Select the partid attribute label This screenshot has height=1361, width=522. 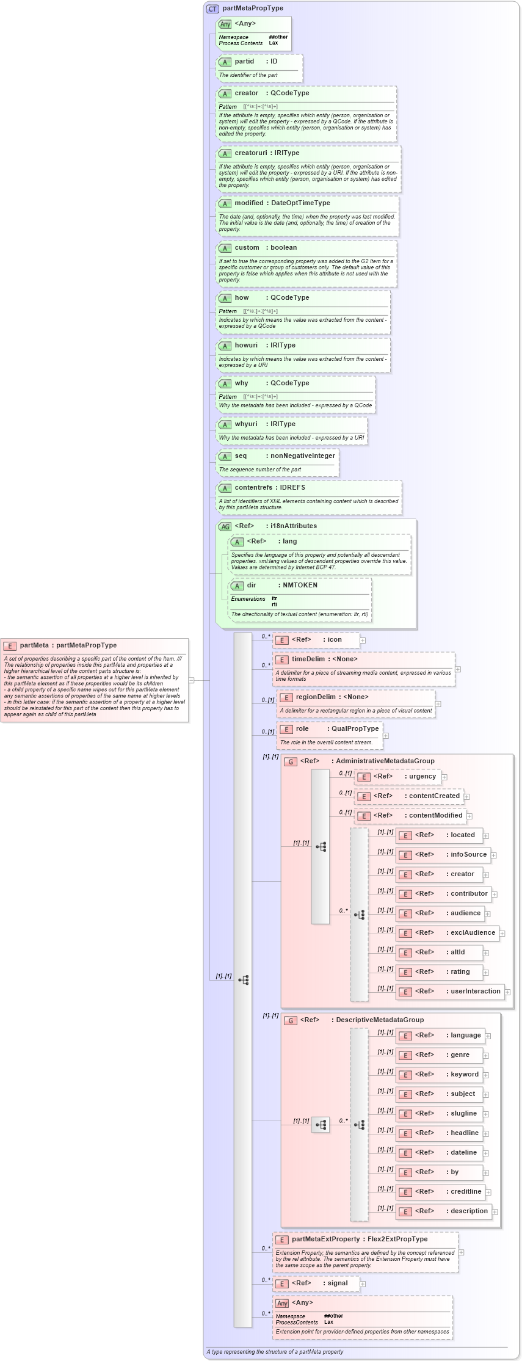pos(244,62)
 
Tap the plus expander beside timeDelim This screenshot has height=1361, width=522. pos(458,669)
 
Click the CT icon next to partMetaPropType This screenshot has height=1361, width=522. pos(212,9)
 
